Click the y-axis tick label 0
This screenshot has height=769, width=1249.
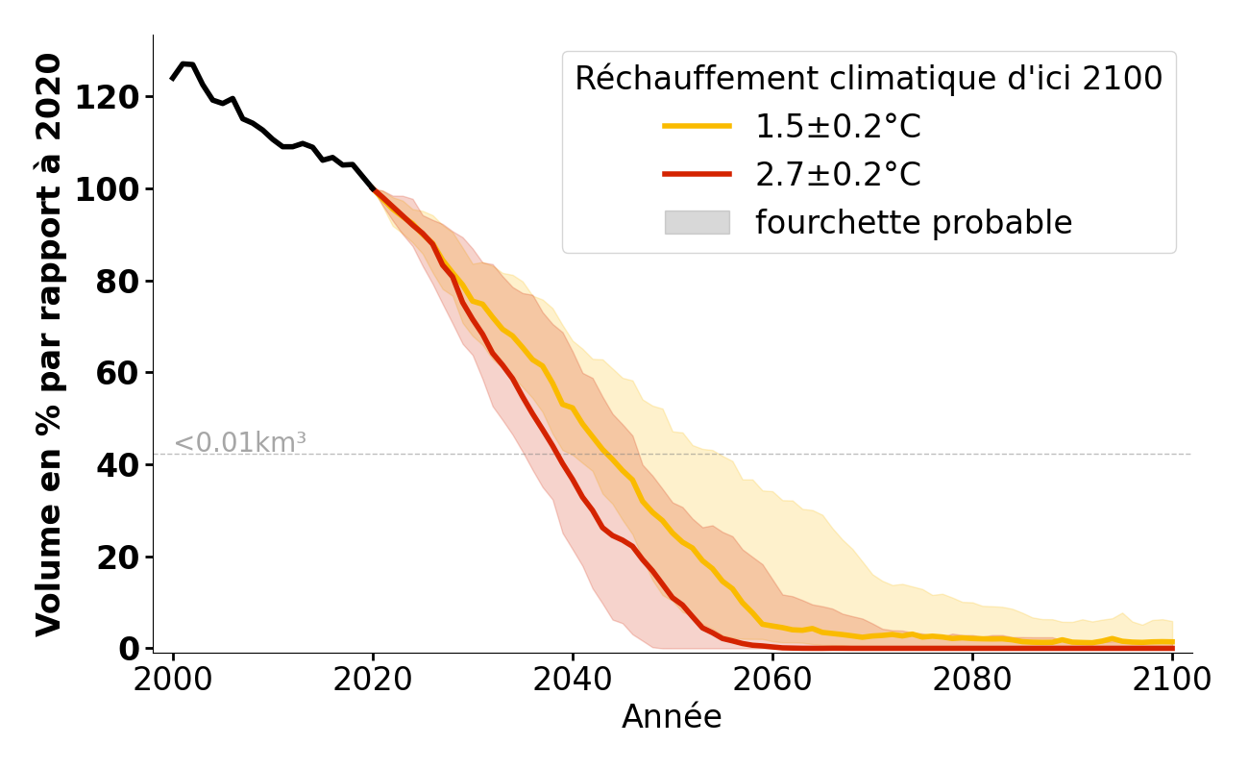129,649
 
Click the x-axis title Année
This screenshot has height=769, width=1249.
672,717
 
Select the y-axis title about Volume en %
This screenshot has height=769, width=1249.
49,344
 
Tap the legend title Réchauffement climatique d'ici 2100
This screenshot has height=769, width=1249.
869,79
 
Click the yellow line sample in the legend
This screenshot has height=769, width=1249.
697,126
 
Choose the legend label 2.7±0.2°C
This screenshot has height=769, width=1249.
838,175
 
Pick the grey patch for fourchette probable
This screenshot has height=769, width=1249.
697,222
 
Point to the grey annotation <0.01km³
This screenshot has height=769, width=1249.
240,443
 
